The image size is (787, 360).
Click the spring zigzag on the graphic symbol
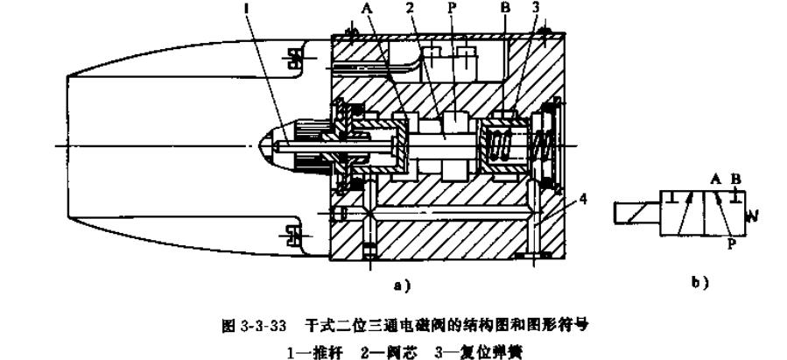(x=750, y=213)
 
